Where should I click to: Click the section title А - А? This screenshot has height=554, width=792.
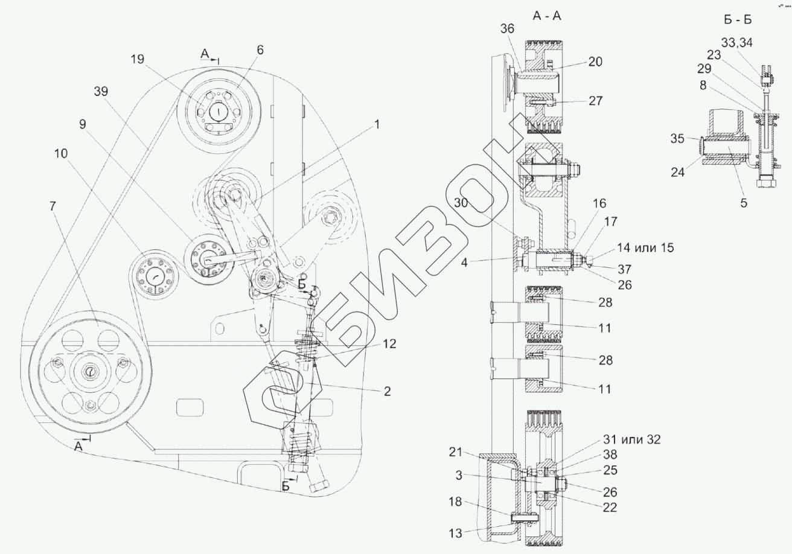[x=546, y=17]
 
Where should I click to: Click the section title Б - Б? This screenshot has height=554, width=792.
[x=736, y=19]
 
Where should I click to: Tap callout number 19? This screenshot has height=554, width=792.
[x=137, y=59]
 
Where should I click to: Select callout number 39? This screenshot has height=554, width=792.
[x=101, y=91]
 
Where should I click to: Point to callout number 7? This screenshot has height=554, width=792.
[x=53, y=206]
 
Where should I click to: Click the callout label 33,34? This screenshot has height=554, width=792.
[x=736, y=42]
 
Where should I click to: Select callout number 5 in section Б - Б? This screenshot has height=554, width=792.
[x=744, y=203]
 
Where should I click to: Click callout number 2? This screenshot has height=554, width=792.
[x=386, y=391]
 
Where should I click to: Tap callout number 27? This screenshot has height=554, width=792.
[x=595, y=101]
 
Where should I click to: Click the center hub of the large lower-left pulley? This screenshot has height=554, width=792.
[x=89, y=372]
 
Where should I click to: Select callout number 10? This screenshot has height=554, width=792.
[x=61, y=153]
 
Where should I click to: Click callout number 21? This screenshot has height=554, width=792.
[x=456, y=451]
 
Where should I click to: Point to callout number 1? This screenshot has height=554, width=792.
[x=377, y=125]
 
